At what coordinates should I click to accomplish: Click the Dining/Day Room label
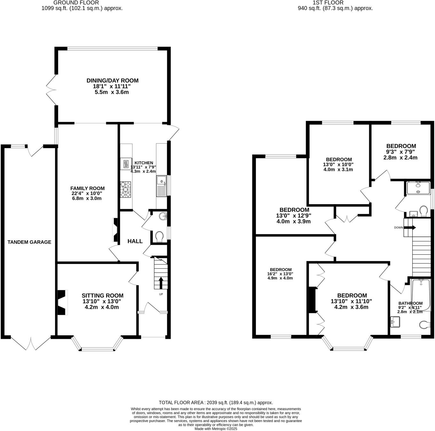(112, 81)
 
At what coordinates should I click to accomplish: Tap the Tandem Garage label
(29, 242)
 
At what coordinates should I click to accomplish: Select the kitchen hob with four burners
(125, 189)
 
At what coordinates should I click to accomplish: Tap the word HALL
(135, 241)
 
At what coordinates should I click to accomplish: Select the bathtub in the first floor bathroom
(421, 294)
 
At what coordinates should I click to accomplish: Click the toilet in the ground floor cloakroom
(159, 237)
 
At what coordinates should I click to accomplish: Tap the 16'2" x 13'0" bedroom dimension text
(280, 274)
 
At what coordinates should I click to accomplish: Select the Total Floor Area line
(216, 403)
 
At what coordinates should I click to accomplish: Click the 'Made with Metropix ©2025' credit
(216, 429)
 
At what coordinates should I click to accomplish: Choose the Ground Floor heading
(76, 3)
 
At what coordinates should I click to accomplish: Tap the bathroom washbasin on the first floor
(395, 322)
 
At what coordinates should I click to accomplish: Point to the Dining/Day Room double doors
(51, 90)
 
